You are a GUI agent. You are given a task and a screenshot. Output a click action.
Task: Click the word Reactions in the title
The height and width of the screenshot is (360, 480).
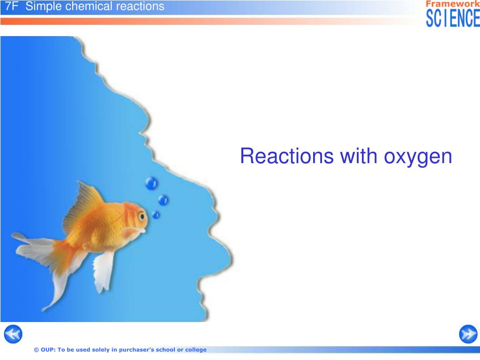click(x=287, y=156)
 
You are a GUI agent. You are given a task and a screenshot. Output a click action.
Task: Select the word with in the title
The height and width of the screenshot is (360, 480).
click(x=359, y=156)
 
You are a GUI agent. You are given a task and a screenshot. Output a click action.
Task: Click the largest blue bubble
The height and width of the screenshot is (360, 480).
click(x=151, y=183)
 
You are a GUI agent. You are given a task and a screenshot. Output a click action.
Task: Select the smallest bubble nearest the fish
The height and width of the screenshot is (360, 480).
click(x=156, y=215)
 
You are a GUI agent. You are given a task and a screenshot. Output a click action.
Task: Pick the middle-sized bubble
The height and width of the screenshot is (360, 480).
click(x=163, y=200)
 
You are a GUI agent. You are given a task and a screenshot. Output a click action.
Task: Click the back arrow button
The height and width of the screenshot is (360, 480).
click(x=13, y=334)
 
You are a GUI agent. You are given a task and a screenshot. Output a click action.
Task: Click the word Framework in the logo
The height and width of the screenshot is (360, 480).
click(x=452, y=4)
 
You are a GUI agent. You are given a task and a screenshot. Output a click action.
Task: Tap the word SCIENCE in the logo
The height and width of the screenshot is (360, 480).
click(x=453, y=18)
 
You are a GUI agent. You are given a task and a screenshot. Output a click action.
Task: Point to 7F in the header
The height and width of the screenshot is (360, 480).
click(x=12, y=6)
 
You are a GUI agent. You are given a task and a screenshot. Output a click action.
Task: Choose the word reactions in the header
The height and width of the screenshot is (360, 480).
click(x=140, y=7)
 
